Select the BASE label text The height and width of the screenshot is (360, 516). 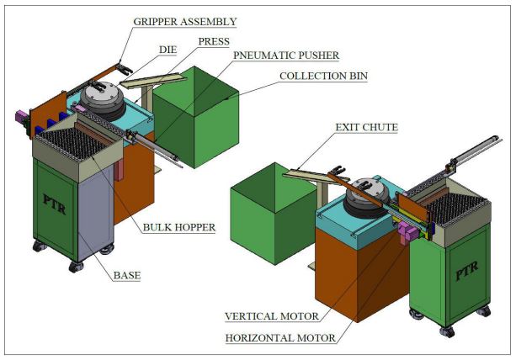[x=129, y=274]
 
